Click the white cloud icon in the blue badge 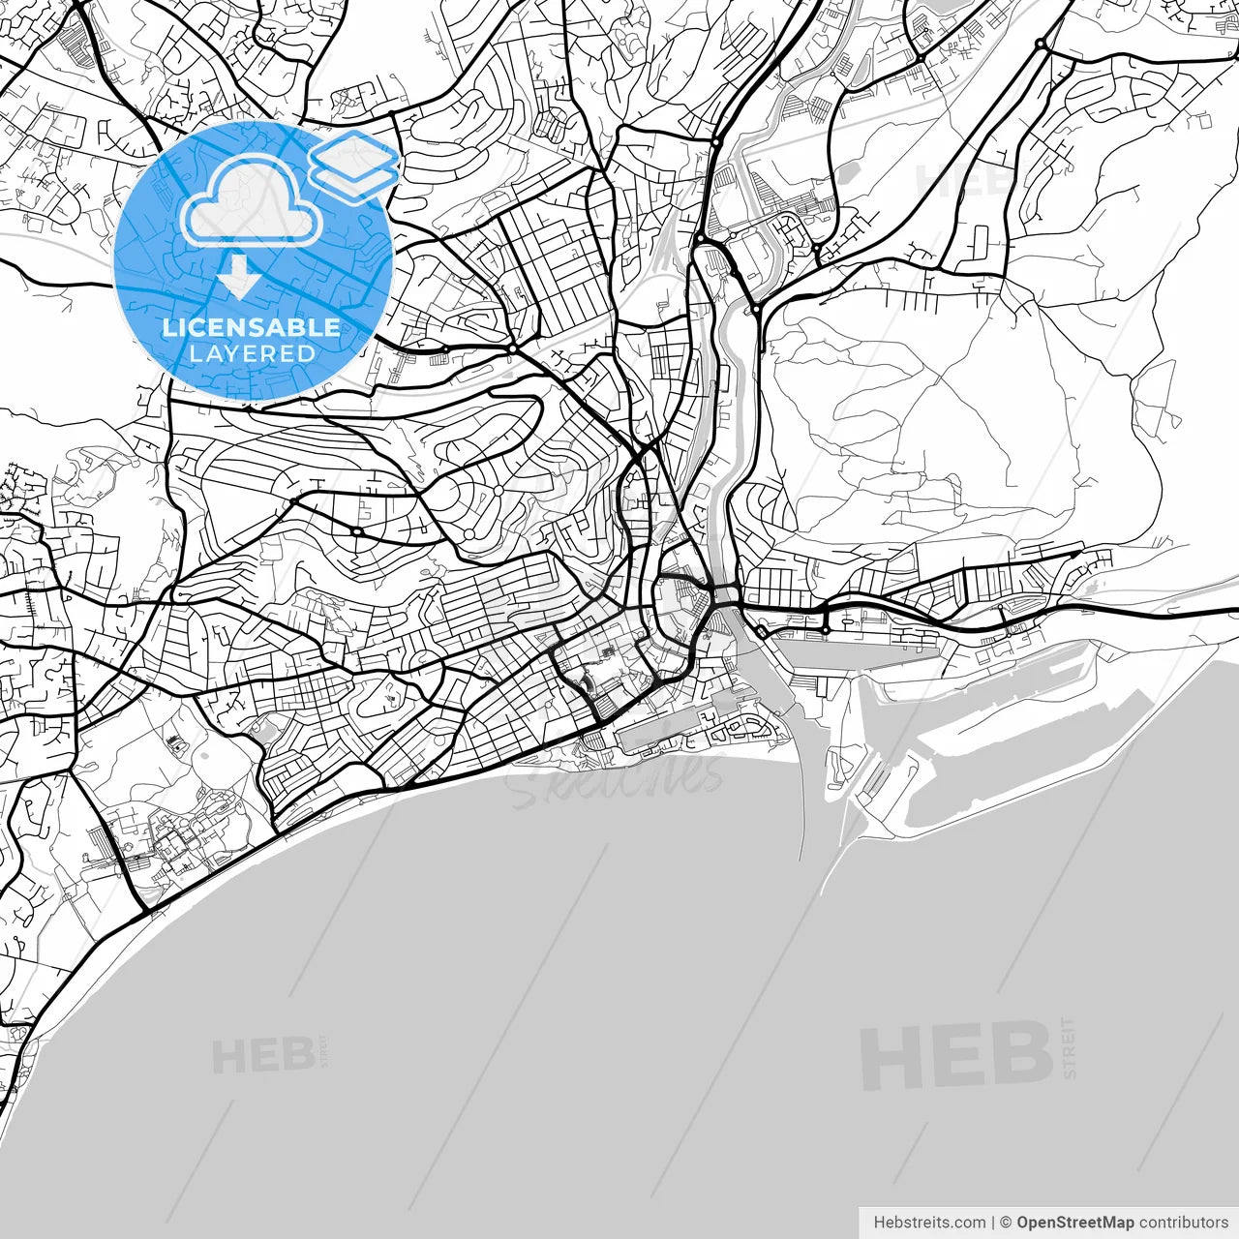point(252,201)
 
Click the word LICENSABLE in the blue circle point(252,327)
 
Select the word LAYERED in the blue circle point(252,353)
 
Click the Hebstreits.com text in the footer point(929,1223)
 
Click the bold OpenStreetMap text point(1074,1223)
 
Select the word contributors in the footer point(1183,1223)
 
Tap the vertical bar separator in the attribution point(993,1223)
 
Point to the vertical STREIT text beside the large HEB point(1069,1047)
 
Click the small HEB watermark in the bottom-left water point(261,1055)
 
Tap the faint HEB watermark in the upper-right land point(958,179)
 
